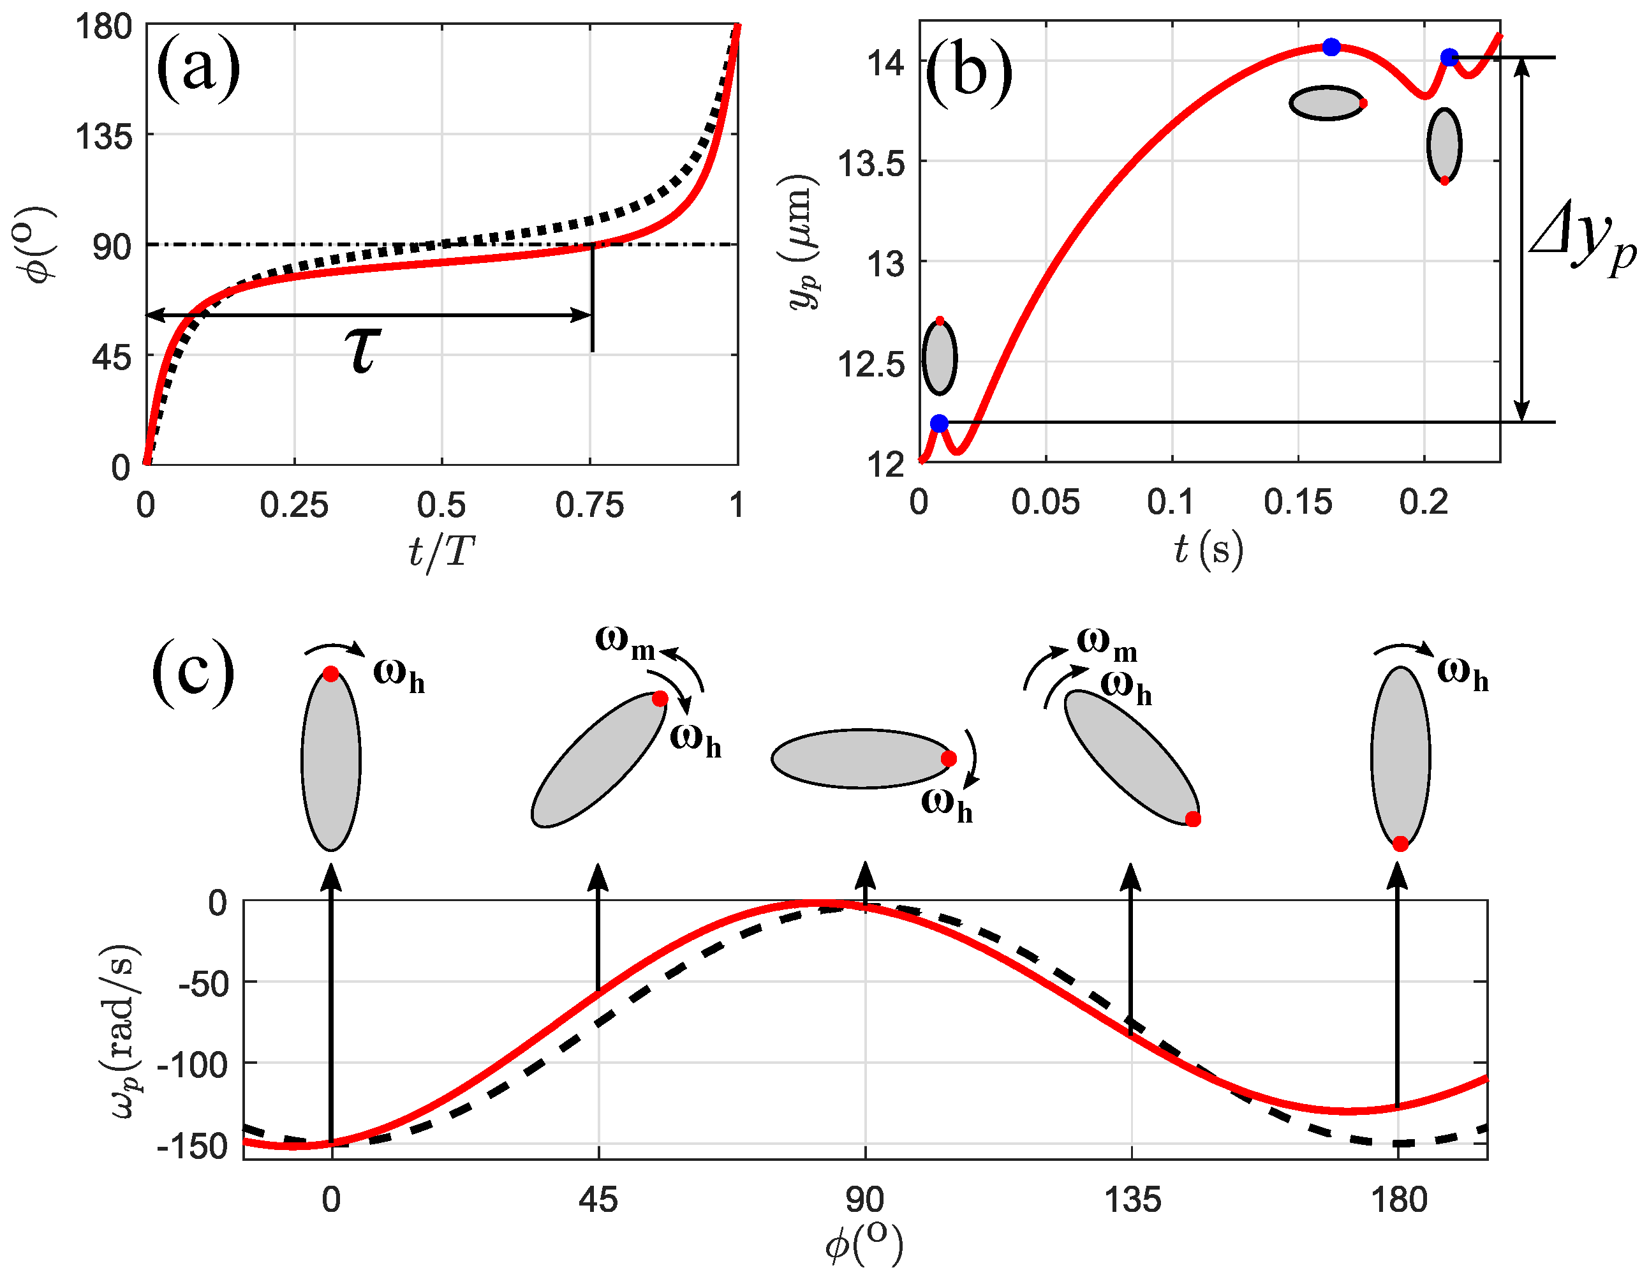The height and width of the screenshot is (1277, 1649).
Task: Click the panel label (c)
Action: pos(193,671)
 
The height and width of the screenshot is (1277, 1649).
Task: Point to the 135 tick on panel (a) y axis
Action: pos(104,137)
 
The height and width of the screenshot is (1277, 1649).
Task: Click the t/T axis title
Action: pos(441,552)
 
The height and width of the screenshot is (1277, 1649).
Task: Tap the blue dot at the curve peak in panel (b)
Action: pos(1331,47)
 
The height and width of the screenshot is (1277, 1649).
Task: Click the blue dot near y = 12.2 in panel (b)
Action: pos(938,423)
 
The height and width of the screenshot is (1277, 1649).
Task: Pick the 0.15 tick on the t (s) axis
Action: pos(1298,502)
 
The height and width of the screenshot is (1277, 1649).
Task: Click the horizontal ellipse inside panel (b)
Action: pos(1326,103)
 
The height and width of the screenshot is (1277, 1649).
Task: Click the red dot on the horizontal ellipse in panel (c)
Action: pos(949,758)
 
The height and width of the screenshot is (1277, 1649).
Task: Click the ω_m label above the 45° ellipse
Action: pos(625,643)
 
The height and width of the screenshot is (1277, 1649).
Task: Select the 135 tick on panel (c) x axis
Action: pos(1132,1200)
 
